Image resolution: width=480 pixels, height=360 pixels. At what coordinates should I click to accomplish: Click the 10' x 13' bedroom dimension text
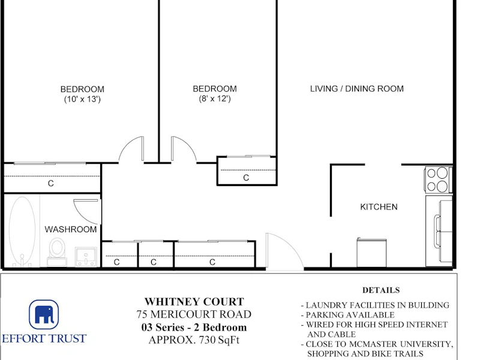(82, 99)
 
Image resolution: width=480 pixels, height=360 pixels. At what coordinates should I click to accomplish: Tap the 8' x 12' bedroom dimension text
(215, 98)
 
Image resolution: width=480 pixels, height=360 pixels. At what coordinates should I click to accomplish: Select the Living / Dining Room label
(356, 89)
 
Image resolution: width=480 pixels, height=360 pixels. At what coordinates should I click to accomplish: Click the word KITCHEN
(379, 207)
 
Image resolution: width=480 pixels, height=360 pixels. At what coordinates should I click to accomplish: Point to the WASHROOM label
(70, 229)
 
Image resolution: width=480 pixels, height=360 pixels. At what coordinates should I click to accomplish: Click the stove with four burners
(439, 179)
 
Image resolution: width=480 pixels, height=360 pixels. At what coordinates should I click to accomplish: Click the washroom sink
(86, 257)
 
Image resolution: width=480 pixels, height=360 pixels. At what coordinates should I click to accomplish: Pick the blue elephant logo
(44, 314)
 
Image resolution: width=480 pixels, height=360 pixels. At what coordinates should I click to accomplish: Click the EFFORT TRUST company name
(44, 338)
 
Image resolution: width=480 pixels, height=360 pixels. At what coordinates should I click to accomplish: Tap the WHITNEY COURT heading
(194, 302)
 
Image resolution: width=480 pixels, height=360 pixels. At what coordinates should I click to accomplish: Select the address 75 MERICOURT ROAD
(194, 314)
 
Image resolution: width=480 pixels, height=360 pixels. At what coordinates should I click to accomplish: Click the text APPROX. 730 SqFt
(194, 340)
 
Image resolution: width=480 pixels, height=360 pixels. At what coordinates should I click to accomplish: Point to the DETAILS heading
(381, 290)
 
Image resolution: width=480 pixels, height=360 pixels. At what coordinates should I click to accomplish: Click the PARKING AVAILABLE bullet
(348, 315)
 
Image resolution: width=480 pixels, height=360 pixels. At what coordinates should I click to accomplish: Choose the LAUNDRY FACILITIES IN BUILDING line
(376, 305)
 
